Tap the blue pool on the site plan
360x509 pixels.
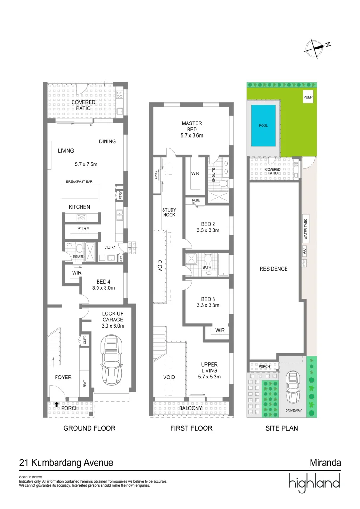tap(263, 126)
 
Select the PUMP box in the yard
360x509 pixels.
tap(308, 97)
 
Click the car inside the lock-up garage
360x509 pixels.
tap(112, 360)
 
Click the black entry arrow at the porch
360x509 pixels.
tap(57, 404)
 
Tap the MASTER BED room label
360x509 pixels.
tap(192, 126)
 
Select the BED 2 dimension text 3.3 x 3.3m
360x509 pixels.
tap(208, 230)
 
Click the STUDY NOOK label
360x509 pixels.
tap(169, 212)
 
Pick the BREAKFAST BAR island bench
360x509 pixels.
tap(80, 191)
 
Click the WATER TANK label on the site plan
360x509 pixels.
tap(305, 229)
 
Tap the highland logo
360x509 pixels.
tap(314, 483)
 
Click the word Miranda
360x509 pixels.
tap(325, 463)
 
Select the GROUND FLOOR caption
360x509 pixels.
tap(89, 428)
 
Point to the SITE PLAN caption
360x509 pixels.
tap(282, 428)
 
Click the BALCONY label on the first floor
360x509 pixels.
tap(190, 408)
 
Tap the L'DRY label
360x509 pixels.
tap(110, 247)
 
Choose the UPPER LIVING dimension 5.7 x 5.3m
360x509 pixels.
tap(209, 377)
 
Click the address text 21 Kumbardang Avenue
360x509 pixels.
tap(66, 463)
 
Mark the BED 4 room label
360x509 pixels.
tap(103, 282)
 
